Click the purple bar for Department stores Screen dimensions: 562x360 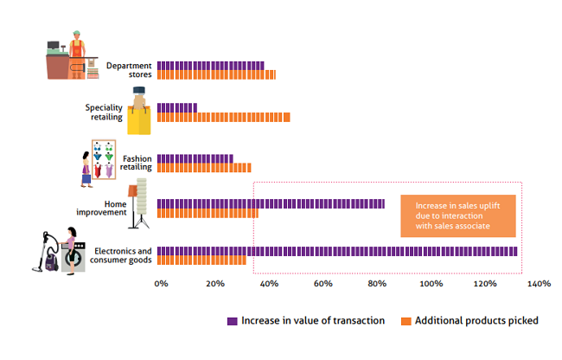[x=211, y=66]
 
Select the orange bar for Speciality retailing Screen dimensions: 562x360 [x=224, y=117]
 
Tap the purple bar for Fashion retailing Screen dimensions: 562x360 [x=195, y=158]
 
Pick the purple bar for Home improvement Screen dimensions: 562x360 [x=271, y=203]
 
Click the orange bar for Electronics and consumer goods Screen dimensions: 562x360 [x=201, y=260]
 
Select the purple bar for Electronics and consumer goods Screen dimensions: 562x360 [x=337, y=251]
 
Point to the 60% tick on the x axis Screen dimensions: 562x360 [x=323, y=284]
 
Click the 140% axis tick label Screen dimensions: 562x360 [x=539, y=284]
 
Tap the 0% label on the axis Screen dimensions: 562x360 [x=162, y=284]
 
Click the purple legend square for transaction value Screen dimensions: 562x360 [x=233, y=321]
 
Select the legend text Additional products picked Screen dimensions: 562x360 [x=476, y=320]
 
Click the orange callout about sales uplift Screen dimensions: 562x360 [x=458, y=215]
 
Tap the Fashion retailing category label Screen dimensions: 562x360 [x=136, y=163]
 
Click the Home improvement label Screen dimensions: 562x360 [x=101, y=209]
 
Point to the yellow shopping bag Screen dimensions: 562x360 [x=139, y=119]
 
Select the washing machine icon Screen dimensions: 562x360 [x=73, y=256]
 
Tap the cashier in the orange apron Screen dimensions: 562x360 [x=77, y=54]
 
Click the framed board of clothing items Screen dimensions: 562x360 [x=104, y=159]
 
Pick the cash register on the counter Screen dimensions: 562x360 [x=56, y=48]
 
